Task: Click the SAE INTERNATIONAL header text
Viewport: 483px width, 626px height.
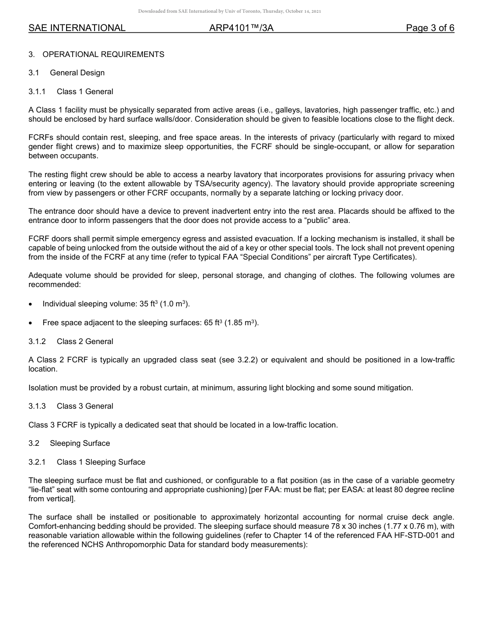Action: pos(77,28)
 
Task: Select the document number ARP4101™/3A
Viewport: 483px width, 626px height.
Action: pos(241,28)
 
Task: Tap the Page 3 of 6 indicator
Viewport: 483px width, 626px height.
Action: pos(430,28)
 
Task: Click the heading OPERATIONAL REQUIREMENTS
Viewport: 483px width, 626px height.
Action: pos(103,54)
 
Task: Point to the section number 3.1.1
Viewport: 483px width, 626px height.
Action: pos(37,92)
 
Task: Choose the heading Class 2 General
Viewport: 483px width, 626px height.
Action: pos(85,342)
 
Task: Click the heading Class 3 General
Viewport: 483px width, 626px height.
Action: pos(85,406)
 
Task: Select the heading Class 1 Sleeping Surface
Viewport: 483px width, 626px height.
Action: pos(101,462)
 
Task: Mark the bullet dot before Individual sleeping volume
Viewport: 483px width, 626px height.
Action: pos(32,304)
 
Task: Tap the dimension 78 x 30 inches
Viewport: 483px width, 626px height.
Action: pos(319,527)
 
